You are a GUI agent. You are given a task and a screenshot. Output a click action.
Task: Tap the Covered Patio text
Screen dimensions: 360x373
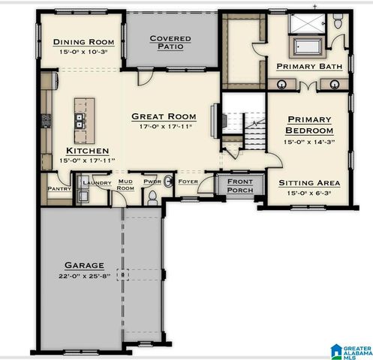tap(170, 42)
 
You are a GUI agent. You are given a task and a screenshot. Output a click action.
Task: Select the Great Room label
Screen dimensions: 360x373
tap(164, 116)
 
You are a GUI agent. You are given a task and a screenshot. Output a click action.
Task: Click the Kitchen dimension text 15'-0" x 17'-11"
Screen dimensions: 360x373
tap(80, 160)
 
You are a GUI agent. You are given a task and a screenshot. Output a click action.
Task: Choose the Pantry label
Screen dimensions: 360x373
tap(59, 188)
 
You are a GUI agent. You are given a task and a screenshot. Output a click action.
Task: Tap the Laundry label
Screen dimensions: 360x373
tap(97, 183)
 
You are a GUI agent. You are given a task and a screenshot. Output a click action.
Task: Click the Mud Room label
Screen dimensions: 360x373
tap(125, 185)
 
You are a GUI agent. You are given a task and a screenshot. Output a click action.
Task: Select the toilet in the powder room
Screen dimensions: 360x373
tap(153, 196)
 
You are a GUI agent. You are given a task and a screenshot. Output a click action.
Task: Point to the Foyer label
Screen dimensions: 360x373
tap(187, 181)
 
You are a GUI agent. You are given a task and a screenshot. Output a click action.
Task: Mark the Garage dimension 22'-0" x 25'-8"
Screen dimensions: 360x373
tap(84, 276)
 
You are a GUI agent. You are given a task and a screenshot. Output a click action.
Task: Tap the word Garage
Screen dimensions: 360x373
tap(84, 265)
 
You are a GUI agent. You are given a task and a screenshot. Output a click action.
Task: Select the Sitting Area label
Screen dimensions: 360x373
tap(309, 182)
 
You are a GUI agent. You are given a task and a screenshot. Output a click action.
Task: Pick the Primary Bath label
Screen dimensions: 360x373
tap(309, 67)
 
